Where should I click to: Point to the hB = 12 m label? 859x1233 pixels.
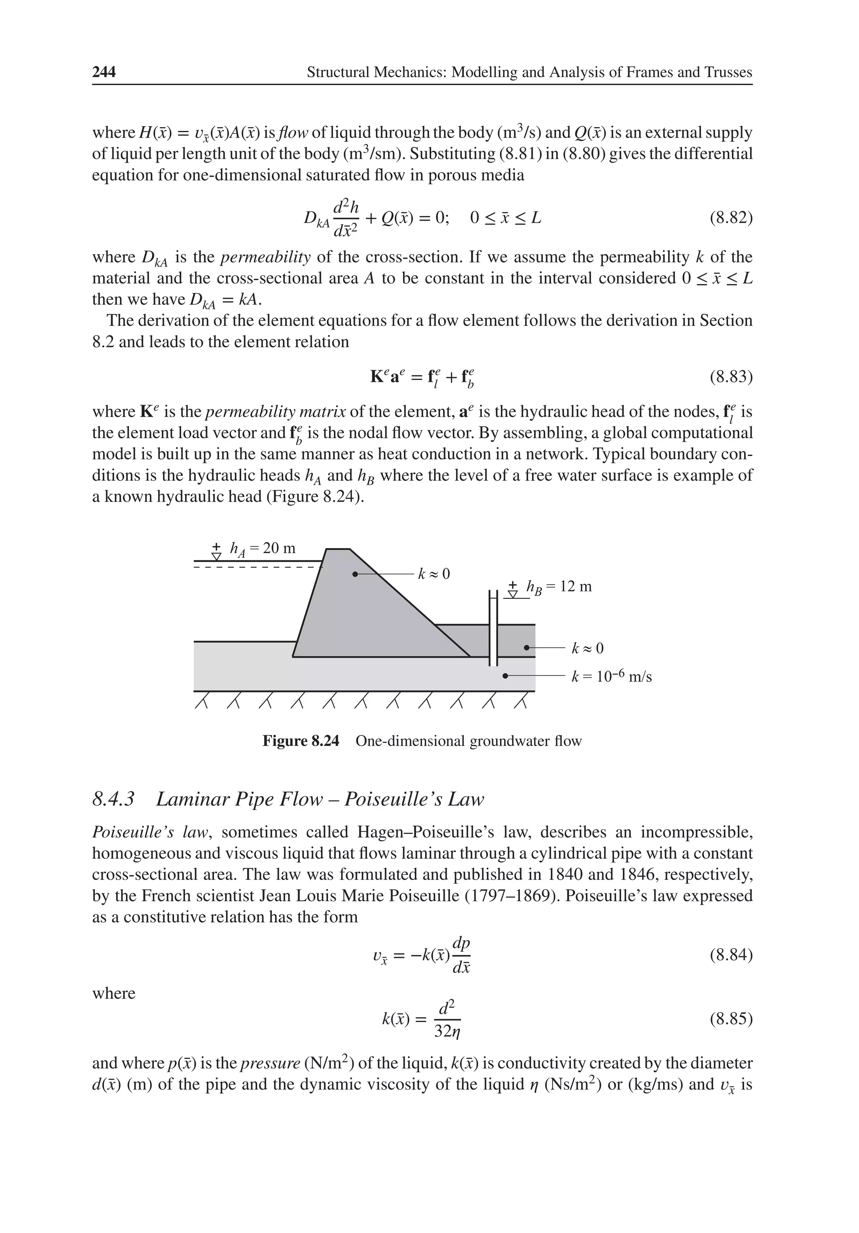pos(559,586)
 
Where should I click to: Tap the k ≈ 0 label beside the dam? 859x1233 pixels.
pos(434,574)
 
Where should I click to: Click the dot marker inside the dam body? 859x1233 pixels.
pos(354,574)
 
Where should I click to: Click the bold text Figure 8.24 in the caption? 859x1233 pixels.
pos(301,741)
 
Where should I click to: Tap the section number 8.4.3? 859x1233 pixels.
pos(113,800)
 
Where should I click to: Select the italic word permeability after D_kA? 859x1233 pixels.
pos(266,257)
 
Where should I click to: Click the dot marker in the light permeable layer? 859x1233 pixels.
pos(505,676)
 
